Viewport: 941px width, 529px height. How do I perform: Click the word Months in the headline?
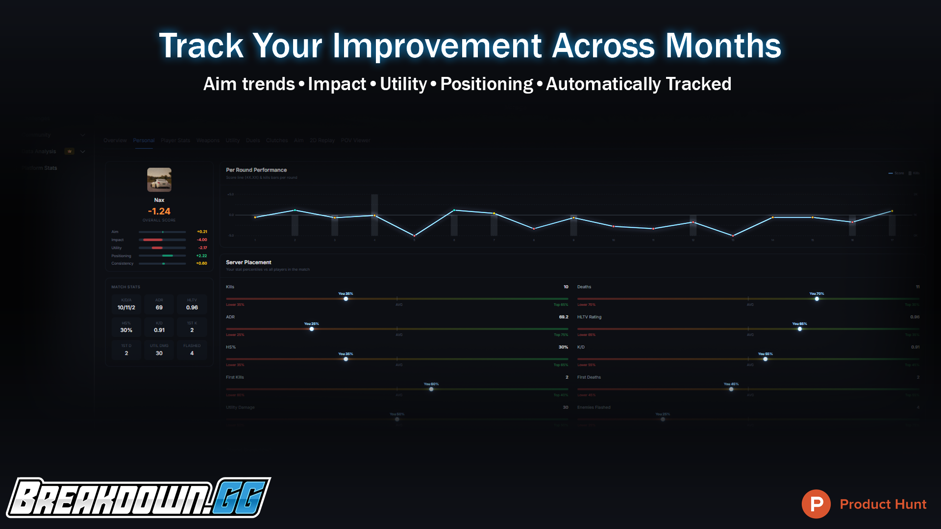coord(723,46)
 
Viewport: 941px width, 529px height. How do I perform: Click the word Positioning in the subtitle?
coord(486,84)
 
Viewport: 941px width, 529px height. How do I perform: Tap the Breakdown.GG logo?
coord(138,498)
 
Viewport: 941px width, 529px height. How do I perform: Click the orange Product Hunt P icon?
coord(816,504)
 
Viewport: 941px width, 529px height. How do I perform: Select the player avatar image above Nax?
coord(159,180)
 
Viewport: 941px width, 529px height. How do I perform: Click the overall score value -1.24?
coord(159,211)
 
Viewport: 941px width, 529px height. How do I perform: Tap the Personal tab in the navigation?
coord(144,141)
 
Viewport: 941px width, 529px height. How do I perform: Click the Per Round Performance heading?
coord(256,170)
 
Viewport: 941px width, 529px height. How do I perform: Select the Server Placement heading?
coord(248,263)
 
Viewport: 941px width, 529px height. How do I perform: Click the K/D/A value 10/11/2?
coord(126,308)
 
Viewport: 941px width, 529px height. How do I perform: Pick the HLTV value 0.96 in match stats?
coord(192,308)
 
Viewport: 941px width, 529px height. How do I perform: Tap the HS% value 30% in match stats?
coord(126,330)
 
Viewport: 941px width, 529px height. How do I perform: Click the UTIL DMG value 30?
coord(159,353)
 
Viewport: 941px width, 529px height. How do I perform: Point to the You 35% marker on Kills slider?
coord(346,299)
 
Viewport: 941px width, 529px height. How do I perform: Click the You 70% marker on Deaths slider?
coord(817,299)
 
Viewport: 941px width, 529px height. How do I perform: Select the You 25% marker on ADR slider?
coord(312,329)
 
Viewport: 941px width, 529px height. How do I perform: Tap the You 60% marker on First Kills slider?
coord(431,389)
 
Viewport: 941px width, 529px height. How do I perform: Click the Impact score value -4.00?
coord(202,240)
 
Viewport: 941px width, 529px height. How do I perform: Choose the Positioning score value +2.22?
coord(202,256)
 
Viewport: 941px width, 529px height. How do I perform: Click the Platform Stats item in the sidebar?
coord(40,168)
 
